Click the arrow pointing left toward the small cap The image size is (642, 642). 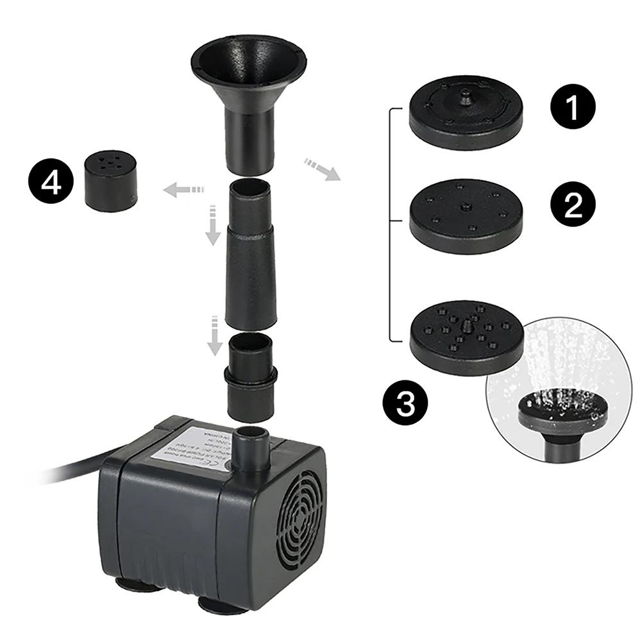182,189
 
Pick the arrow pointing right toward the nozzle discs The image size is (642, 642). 322,169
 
